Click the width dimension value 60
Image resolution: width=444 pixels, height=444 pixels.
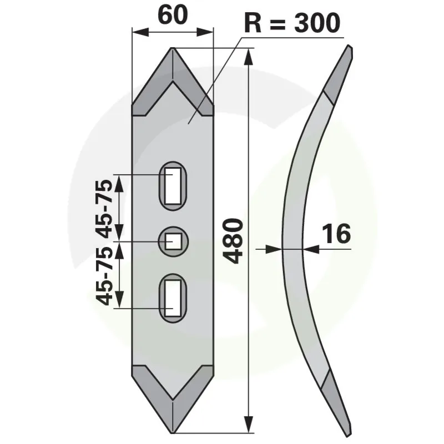(173, 15)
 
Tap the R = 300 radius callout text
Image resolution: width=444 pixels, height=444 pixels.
(292, 23)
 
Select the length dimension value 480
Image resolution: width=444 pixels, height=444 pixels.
(233, 241)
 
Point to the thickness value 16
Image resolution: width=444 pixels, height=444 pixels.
(336, 234)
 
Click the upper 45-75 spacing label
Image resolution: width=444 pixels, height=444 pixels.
(104, 208)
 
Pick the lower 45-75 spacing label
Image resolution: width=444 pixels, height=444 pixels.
(104, 276)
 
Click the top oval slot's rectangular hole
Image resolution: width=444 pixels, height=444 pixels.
(173, 186)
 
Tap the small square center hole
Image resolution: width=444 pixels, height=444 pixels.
(173, 241)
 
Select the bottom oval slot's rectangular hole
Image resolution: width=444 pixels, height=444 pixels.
(173, 299)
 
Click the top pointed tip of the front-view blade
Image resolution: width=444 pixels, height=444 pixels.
(173, 48)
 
